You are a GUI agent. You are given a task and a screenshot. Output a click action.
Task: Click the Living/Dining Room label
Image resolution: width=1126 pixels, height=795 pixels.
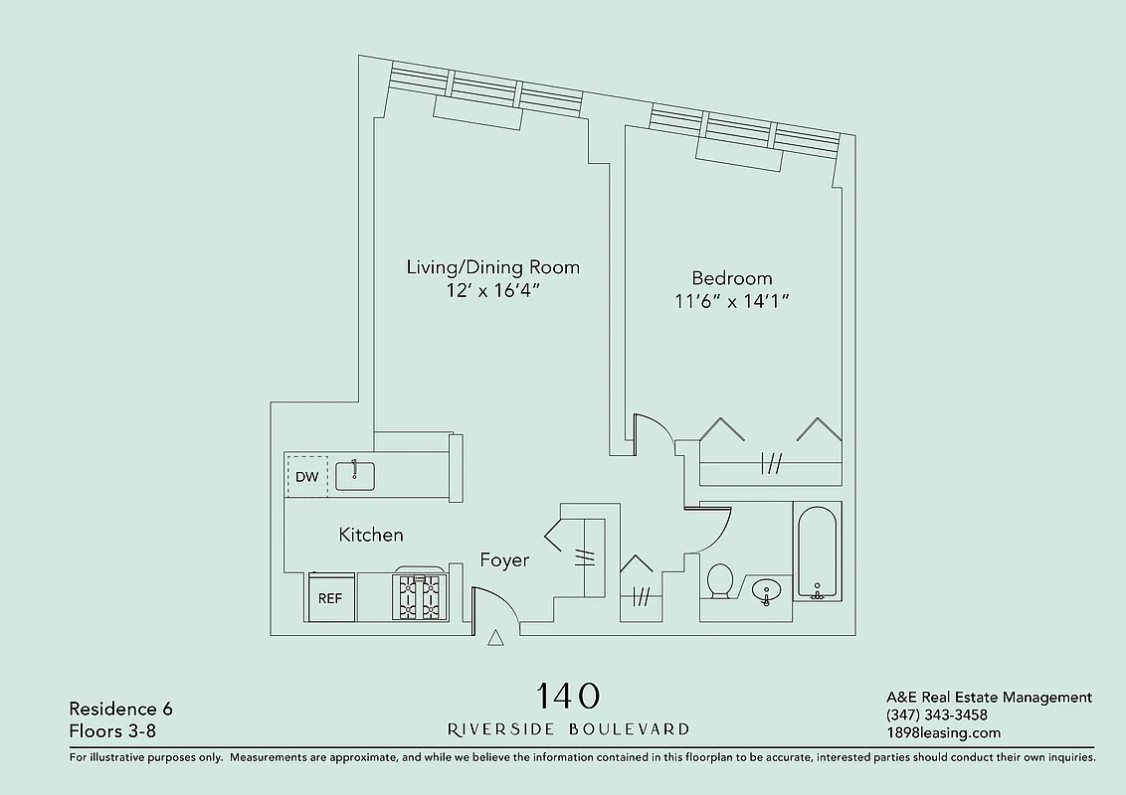click(492, 267)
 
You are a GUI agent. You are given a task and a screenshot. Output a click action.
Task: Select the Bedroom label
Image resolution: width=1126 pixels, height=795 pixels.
click(732, 278)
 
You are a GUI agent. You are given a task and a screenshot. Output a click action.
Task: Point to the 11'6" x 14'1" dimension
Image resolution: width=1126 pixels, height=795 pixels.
click(732, 301)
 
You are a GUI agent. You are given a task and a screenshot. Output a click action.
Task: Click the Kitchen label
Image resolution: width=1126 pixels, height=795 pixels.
click(371, 535)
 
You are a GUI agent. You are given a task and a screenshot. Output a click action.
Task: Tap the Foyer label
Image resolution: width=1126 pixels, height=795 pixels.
click(504, 560)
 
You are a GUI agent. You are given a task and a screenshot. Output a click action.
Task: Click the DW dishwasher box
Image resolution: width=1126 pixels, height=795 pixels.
click(307, 476)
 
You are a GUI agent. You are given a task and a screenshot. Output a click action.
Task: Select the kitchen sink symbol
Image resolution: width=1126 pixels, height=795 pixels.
click(354, 475)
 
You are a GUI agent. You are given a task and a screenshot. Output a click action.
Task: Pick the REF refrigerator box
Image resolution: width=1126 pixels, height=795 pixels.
click(330, 598)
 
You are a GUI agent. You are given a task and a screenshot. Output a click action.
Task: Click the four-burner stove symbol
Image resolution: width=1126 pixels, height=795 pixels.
click(418, 597)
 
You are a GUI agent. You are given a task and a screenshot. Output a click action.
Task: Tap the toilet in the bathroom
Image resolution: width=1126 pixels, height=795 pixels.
click(719, 581)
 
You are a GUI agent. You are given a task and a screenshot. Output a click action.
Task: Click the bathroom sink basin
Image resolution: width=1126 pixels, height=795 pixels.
click(766, 592)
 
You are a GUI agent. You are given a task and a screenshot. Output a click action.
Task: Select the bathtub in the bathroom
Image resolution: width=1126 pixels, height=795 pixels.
click(818, 553)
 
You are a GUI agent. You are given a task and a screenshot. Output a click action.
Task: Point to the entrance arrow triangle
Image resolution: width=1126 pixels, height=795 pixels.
click(495, 639)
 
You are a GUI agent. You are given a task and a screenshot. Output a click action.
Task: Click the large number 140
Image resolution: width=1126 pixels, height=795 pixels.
click(569, 695)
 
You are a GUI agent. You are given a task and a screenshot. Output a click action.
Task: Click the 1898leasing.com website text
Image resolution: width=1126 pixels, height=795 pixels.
click(943, 733)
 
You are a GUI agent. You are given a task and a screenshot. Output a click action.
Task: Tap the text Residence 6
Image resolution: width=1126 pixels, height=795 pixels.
click(120, 709)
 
